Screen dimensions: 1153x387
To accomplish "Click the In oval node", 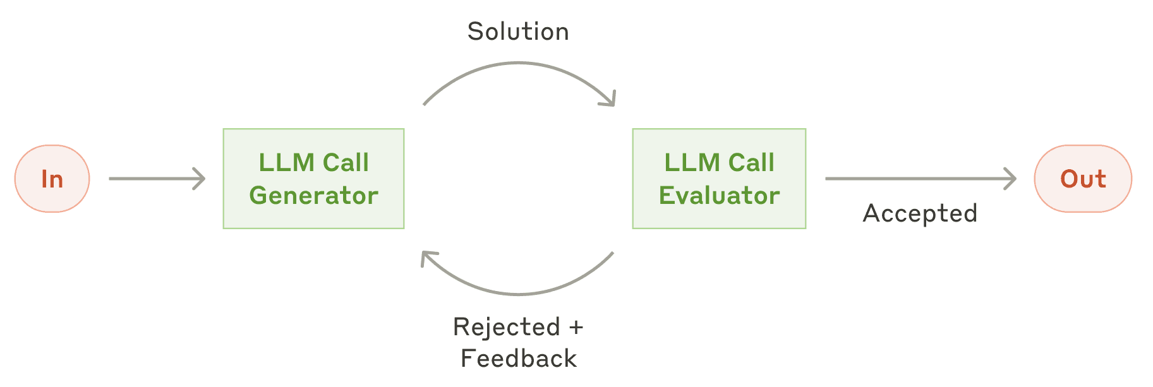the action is pyautogui.click(x=52, y=179).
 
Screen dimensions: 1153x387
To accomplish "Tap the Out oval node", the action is pyautogui.click(x=1083, y=179).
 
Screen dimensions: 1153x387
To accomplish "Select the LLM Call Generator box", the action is pyautogui.click(x=313, y=179).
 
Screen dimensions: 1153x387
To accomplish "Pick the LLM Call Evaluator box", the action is pyautogui.click(x=719, y=179).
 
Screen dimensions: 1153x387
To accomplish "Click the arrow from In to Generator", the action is pyautogui.click(x=157, y=179).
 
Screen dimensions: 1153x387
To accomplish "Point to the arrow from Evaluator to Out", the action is pyautogui.click(x=921, y=179).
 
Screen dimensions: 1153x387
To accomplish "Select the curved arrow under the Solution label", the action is pyautogui.click(x=519, y=63).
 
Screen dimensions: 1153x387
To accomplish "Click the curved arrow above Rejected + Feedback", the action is pyautogui.click(x=518, y=294).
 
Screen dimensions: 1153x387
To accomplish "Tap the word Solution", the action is pyautogui.click(x=518, y=32).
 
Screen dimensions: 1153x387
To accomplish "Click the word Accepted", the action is pyautogui.click(x=920, y=213).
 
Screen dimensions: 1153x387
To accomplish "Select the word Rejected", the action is pyautogui.click(x=507, y=327).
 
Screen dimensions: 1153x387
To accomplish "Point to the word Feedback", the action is pyautogui.click(x=519, y=359).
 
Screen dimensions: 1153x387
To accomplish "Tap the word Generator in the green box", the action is pyautogui.click(x=313, y=196).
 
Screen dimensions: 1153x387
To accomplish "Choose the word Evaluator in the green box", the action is pyautogui.click(x=719, y=196).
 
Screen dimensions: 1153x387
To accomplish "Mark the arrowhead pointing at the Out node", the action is pyautogui.click(x=1010, y=179).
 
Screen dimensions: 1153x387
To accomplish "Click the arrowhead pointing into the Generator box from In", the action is pyautogui.click(x=200, y=179).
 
